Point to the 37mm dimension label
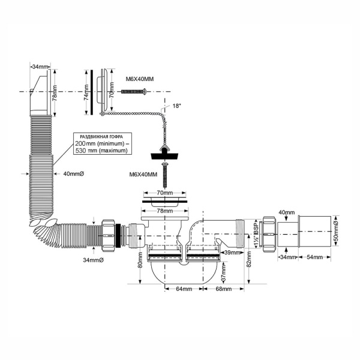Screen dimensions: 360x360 pos(207,277)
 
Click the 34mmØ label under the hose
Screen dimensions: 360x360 pos(95,260)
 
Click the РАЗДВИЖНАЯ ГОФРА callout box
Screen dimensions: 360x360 pos(100,144)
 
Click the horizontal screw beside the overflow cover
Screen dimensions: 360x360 pos(135,91)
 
